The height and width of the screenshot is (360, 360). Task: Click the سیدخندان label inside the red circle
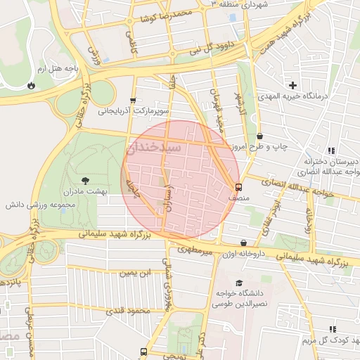click(x=153, y=150)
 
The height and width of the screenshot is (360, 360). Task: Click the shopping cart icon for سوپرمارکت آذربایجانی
click(x=132, y=100)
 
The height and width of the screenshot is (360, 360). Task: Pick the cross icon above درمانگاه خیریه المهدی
click(x=292, y=85)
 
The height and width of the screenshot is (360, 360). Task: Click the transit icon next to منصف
click(x=239, y=188)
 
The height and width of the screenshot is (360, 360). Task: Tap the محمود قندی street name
click(x=130, y=309)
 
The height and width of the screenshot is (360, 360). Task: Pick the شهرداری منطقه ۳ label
click(x=241, y=4)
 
